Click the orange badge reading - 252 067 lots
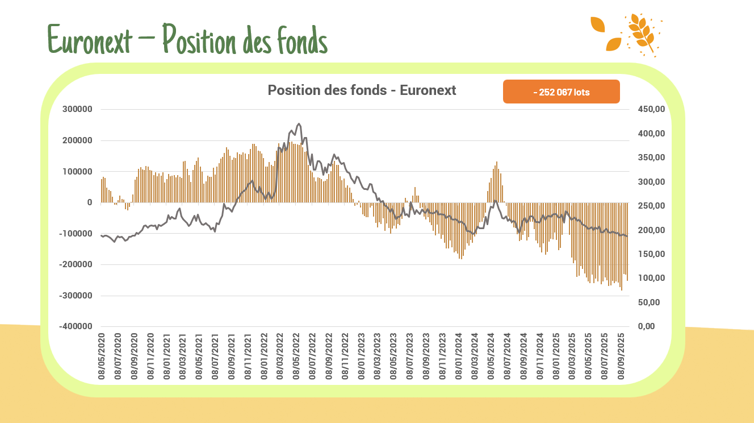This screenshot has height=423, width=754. click(561, 92)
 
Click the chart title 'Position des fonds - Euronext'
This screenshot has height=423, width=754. click(362, 90)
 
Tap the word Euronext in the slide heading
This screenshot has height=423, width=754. click(90, 40)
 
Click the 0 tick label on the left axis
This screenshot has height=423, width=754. click(89, 202)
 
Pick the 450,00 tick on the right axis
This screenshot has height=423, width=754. click(649, 109)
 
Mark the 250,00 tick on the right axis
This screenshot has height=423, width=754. click(649, 206)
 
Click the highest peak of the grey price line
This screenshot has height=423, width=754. click(299, 123)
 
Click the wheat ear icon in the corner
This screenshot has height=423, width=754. click(642, 34)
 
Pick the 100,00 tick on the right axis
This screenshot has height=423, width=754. click(649, 278)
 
